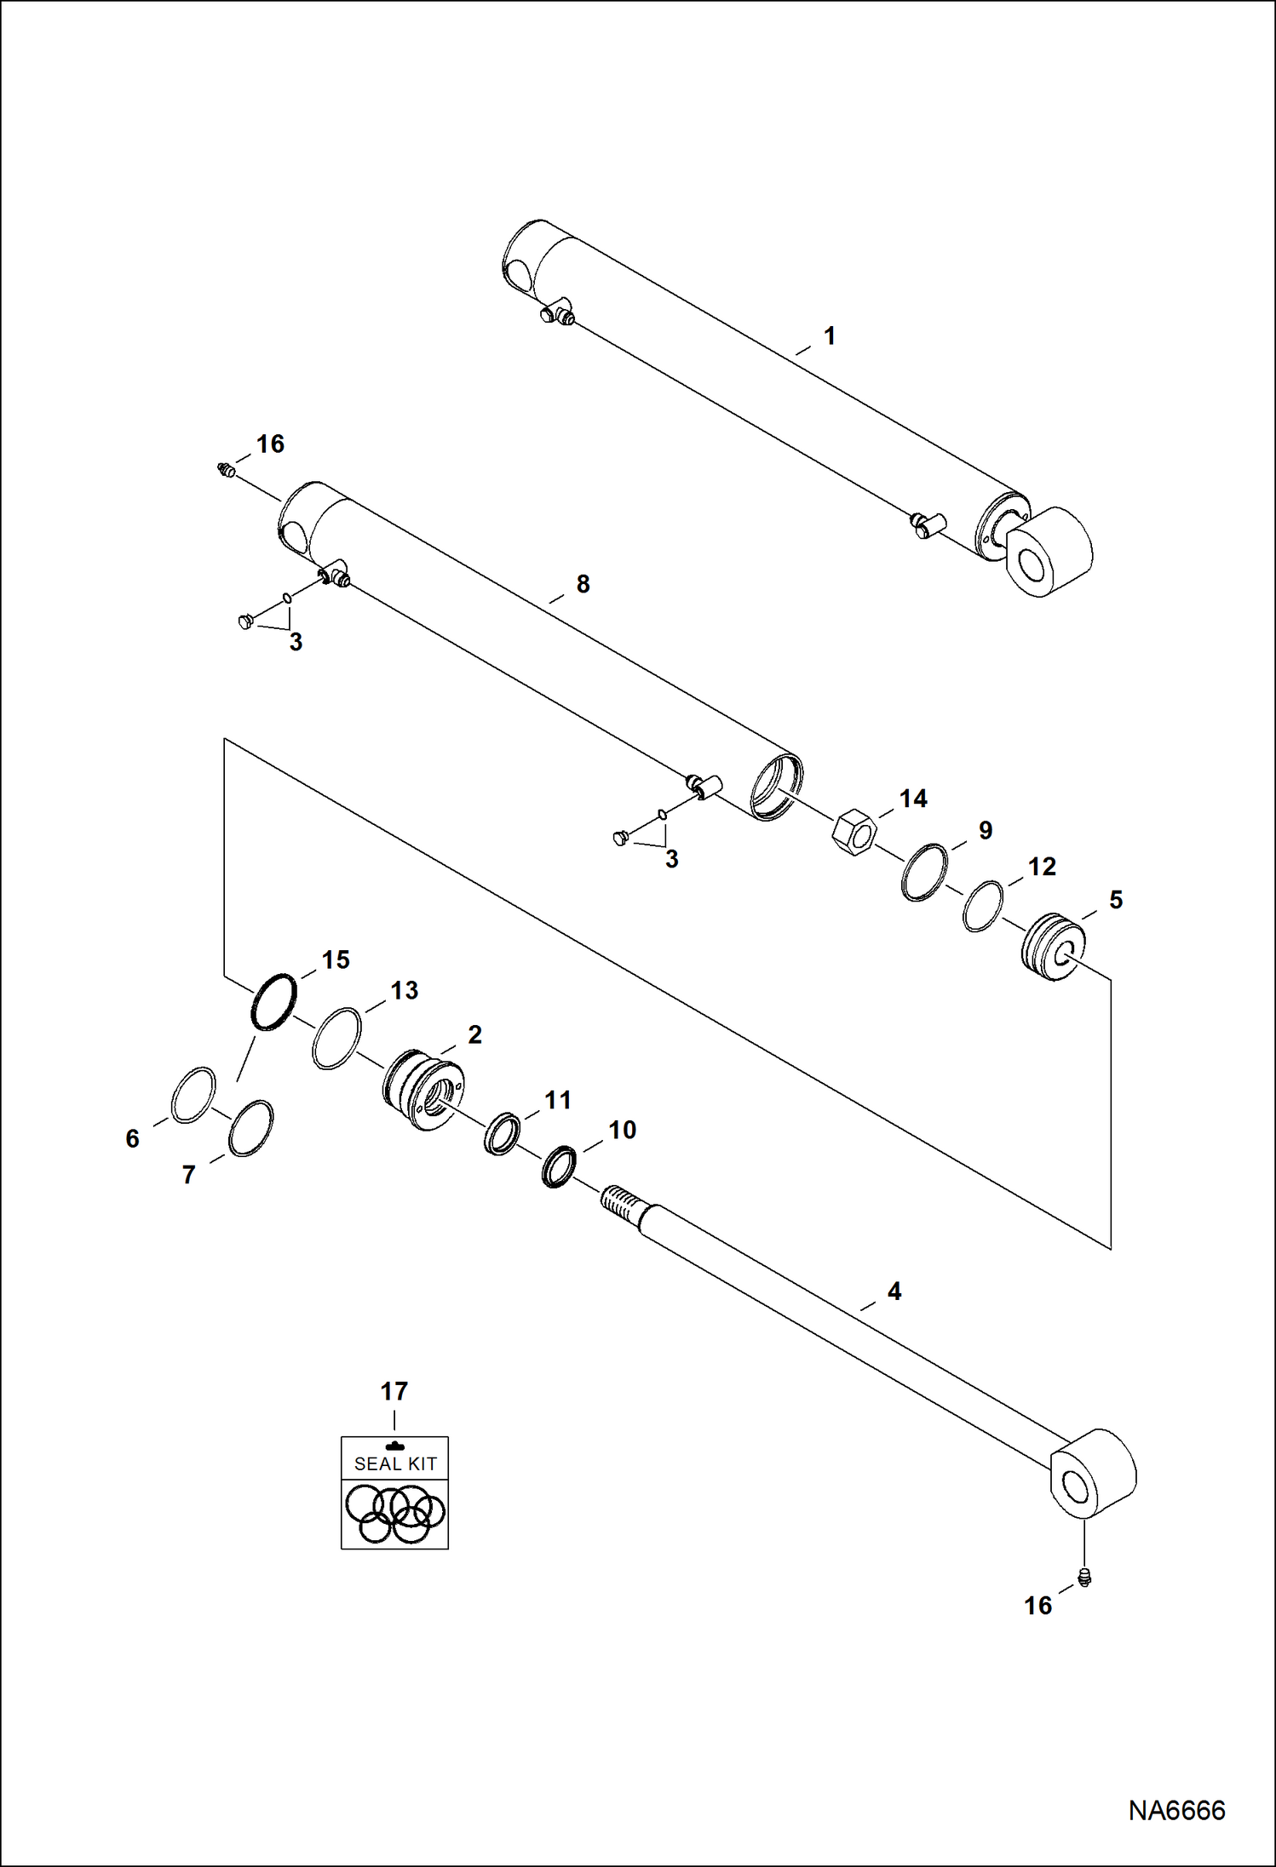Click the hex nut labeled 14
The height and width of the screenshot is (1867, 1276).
coord(854,832)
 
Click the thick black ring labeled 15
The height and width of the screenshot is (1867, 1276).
coord(273,1002)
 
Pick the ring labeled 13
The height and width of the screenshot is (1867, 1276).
coord(336,1038)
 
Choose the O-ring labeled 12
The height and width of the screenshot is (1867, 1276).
coord(982,906)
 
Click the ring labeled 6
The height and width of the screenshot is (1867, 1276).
coord(193,1094)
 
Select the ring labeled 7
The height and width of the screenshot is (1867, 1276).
coord(250,1128)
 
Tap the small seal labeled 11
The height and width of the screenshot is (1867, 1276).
coord(501,1133)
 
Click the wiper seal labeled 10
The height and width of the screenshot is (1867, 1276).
coord(559,1166)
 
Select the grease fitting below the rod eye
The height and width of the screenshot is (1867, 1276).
coord(1084,1578)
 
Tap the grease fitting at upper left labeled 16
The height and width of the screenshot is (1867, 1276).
coord(226,469)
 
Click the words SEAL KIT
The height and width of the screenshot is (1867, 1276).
coord(395,1463)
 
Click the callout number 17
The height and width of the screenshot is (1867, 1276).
coord(394,1391)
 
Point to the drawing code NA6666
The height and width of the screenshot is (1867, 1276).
coord(1176,1810)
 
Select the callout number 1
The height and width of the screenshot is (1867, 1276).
coord(830,335)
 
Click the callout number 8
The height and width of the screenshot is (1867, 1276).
coord(583,584)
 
